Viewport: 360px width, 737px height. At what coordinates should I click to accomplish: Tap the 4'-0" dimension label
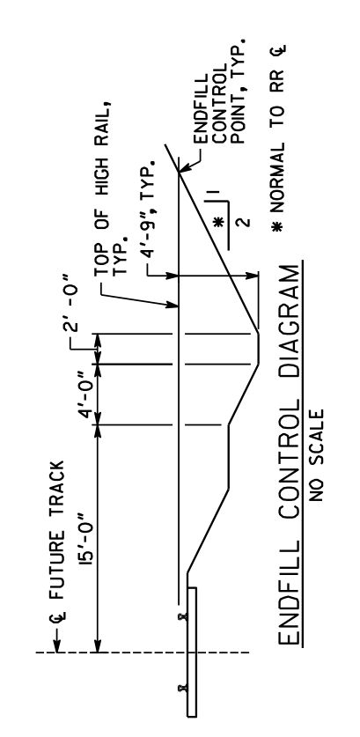88,394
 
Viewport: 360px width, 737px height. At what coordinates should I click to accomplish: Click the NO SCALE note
317,455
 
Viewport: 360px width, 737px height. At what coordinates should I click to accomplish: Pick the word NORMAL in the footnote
278,175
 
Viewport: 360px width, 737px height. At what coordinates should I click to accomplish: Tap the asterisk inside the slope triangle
217,222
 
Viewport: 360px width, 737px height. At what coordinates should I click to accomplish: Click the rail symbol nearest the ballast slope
183,616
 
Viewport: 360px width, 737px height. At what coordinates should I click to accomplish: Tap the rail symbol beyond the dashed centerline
183,689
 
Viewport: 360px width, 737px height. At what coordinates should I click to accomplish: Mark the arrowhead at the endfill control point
184,168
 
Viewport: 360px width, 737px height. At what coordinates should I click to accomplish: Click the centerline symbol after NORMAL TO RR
280,50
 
